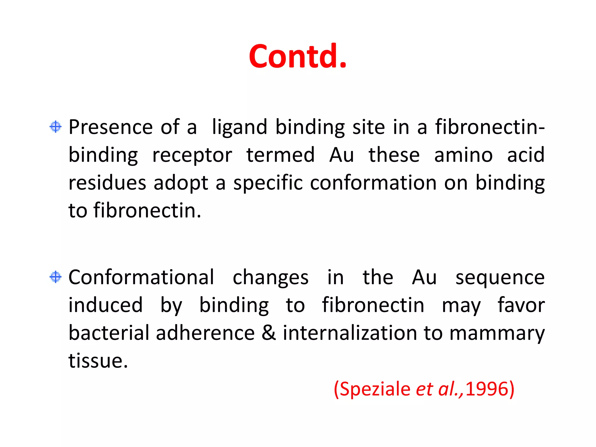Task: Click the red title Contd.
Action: [x=298, y=56]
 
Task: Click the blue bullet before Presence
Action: [x=56, y=127]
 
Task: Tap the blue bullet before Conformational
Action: [x=56, y=277]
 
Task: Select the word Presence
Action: [x=111, y=127]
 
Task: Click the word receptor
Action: [x=192, y=155]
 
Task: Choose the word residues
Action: [x=107, y=183]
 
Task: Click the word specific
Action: [x=268, y=183]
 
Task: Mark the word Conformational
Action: [x=141, y=277]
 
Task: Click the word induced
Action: [x=106, y=305]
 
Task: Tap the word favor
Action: [x=521, y=305]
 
